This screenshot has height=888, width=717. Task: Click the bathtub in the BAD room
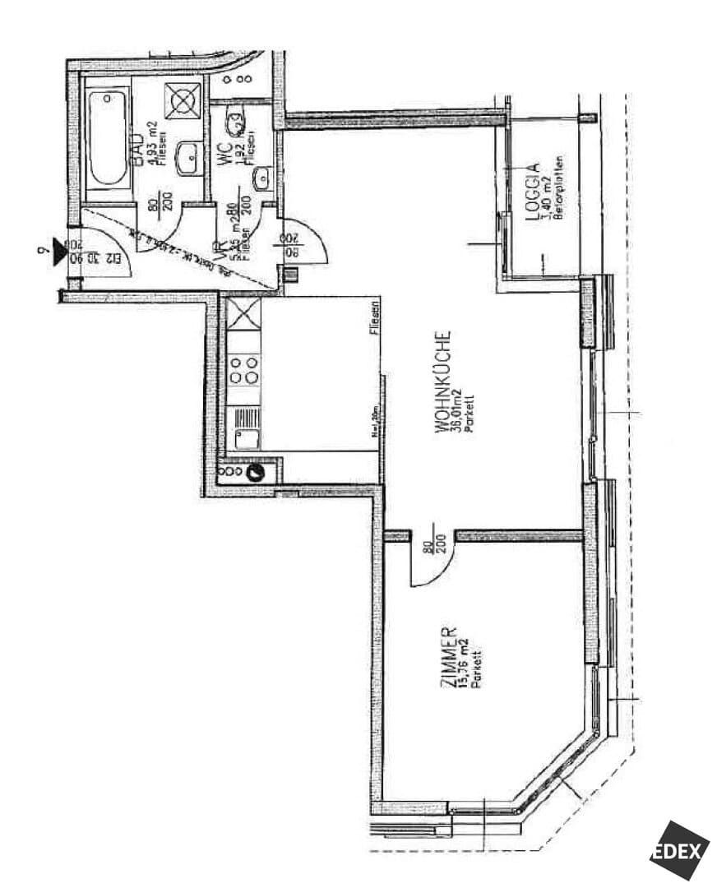pos(109,138)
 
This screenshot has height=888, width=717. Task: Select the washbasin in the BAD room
pos(190,155)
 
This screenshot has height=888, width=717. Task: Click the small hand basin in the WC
pos(262,177)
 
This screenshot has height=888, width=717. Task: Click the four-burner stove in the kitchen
pos(243,369)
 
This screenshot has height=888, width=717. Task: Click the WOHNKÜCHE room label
pos(443,383)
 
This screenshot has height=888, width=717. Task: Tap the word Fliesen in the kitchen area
pos(374,323)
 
